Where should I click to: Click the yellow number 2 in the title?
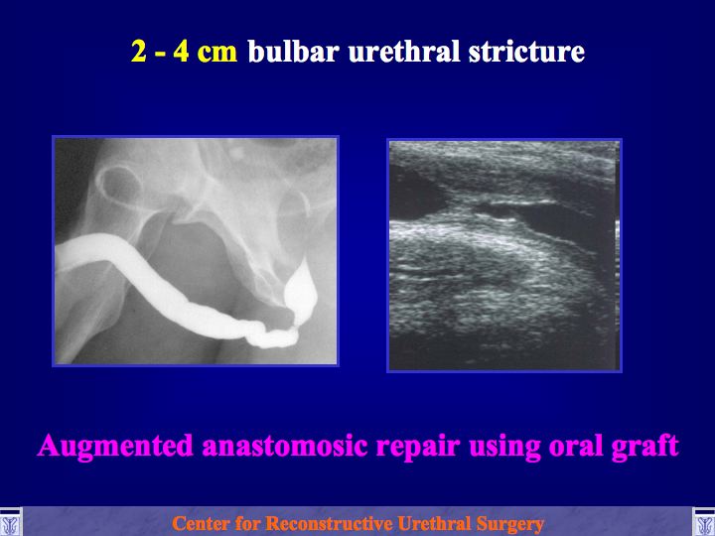click(139, 51)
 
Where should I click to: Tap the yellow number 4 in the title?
click(181, 51)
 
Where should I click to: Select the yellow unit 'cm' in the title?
click(217, 54)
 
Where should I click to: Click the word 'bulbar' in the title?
click(293, 51)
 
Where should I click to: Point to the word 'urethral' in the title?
click(403, 51)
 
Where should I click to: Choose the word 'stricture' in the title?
click(526, 51)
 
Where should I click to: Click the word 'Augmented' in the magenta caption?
click(115, 447)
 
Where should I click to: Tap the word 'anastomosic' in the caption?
click(285, 446)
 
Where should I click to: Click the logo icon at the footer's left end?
click(11, 522)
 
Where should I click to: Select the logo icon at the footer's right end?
click(704, 522)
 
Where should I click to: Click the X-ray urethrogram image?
click(196, 251)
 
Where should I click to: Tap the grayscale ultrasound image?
click(504, 255)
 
